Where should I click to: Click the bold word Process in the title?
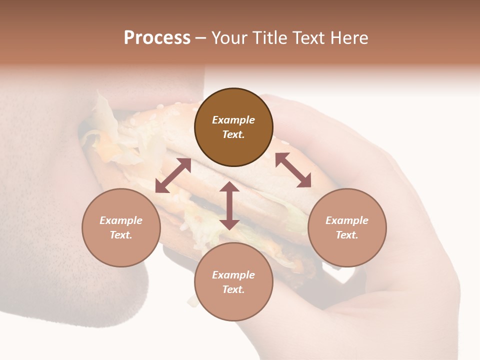[157, 38]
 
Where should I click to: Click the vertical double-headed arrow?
[229, 205]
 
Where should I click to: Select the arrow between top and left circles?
[173, 175]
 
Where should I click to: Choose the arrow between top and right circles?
[293, 170]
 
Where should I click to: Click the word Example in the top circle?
[233, 120]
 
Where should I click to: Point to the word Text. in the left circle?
[121, 235]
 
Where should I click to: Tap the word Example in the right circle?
[347, 220]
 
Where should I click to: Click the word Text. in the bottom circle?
[233, 289]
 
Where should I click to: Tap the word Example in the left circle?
[121, 220]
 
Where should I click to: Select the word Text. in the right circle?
[347, 235]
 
